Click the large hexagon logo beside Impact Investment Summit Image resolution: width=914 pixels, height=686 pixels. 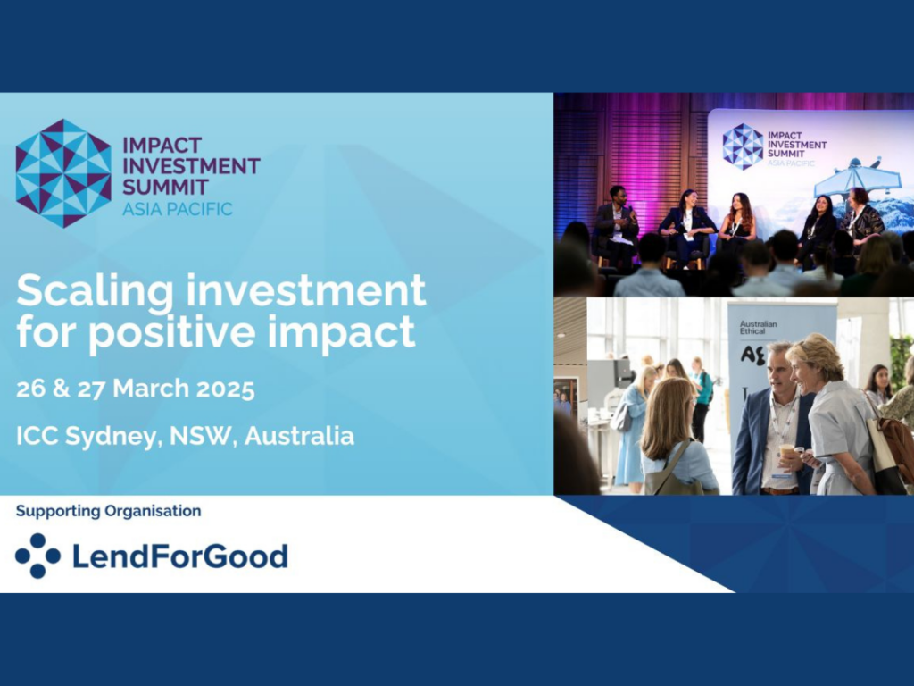63,173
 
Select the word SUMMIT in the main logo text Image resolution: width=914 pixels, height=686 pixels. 165,188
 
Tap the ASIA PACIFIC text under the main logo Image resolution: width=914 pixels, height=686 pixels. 178,209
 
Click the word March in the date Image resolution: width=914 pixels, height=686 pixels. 151,389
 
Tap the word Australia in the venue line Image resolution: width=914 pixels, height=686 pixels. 299,436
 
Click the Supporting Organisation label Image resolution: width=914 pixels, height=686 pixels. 108,511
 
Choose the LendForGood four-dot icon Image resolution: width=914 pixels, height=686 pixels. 37,556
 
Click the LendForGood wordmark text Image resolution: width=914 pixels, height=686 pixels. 180,556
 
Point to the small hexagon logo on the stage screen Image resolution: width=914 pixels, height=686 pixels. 743,146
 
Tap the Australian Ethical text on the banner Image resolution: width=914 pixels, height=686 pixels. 758,327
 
